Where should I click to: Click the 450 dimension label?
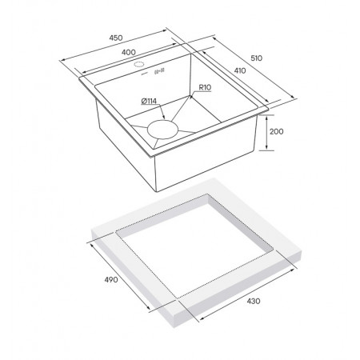116,38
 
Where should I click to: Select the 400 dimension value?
129,52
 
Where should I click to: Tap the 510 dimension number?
257,58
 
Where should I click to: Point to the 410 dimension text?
240,70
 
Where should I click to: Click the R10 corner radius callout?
205,87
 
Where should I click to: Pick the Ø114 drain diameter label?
149,101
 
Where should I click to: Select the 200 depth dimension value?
277,131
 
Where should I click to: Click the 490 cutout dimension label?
111,279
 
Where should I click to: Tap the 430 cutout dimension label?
254,301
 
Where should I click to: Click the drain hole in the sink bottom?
162,130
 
